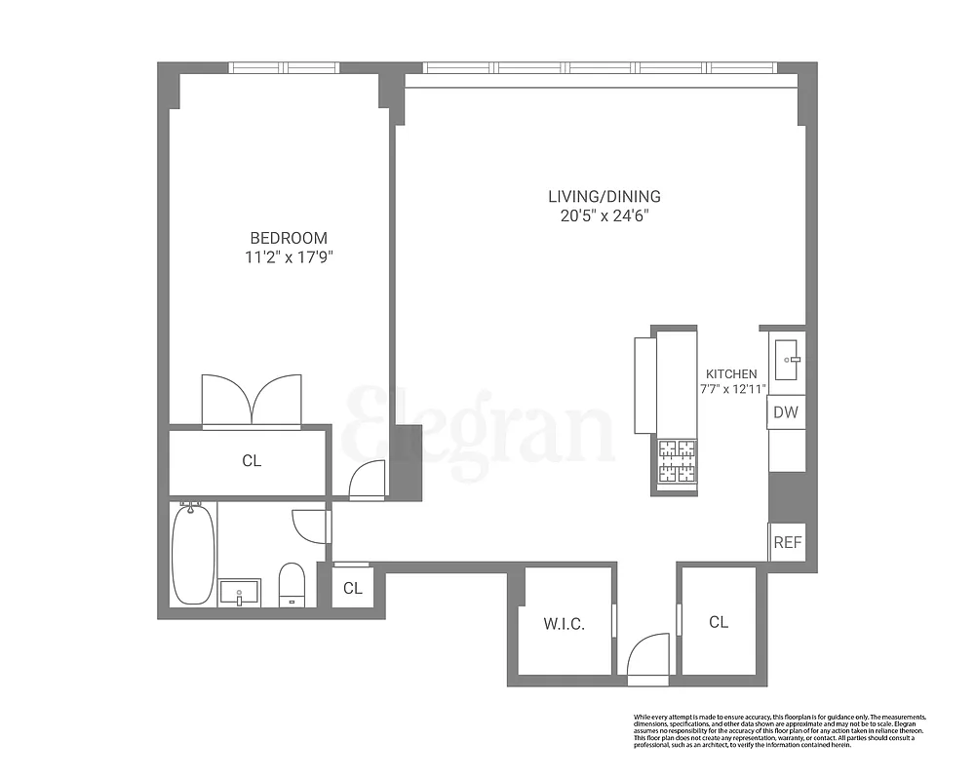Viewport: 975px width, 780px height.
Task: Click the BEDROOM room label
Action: pos(289,238)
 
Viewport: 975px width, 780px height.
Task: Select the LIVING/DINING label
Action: pos(604,196)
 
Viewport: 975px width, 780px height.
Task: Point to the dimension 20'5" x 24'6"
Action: pos(604,215)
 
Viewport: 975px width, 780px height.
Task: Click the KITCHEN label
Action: pos(731,374)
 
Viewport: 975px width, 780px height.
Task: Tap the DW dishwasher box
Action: pos(786,412)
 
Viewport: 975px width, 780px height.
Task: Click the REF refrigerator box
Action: pos(787,542)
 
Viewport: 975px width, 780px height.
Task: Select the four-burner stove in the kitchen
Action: pos(677,462)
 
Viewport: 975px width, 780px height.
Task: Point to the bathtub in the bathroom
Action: pos(193,554)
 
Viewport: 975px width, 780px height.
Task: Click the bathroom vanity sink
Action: pos(239,591)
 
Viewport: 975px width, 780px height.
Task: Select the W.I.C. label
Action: pos(564,624)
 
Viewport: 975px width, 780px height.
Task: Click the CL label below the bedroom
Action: pos(252,461)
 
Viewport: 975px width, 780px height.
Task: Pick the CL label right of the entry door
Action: pos(719,622)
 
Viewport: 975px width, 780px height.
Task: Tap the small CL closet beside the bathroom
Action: pos(352,588)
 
